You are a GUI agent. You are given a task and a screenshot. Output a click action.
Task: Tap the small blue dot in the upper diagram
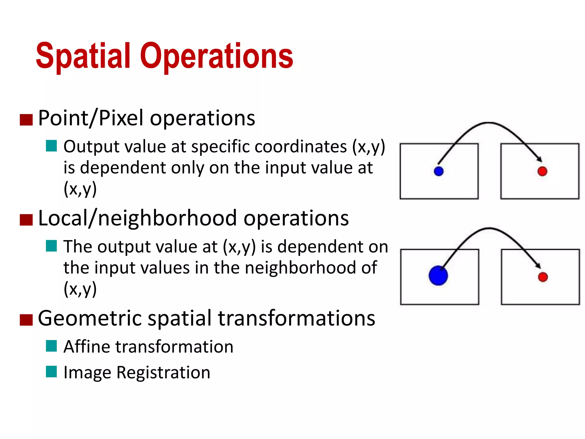click(438, 171)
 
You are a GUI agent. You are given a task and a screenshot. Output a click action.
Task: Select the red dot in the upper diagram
click(542, 171)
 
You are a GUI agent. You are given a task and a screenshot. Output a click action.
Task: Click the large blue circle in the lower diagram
click(438, 276)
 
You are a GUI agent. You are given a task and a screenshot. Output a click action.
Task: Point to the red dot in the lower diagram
click(543, 277)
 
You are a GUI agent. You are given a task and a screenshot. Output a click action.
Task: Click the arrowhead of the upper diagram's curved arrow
click(539, 159)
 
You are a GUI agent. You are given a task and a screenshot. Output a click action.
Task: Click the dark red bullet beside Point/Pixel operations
click(26, 120)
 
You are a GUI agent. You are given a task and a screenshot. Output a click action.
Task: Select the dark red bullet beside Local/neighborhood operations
click(26, 220)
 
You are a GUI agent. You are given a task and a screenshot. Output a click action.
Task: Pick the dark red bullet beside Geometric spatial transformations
click(26, 320)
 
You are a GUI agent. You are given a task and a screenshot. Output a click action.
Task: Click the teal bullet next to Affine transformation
click(51, 346)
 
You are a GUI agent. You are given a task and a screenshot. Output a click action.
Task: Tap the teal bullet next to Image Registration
click(51, 372)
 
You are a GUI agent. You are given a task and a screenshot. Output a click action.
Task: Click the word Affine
click(87, 347)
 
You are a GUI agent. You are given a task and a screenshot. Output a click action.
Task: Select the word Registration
click(163, 373)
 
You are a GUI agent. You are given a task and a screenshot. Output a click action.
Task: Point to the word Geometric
click(90, 318)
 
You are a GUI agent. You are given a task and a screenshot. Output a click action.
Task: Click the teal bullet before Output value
click(51, 146)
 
